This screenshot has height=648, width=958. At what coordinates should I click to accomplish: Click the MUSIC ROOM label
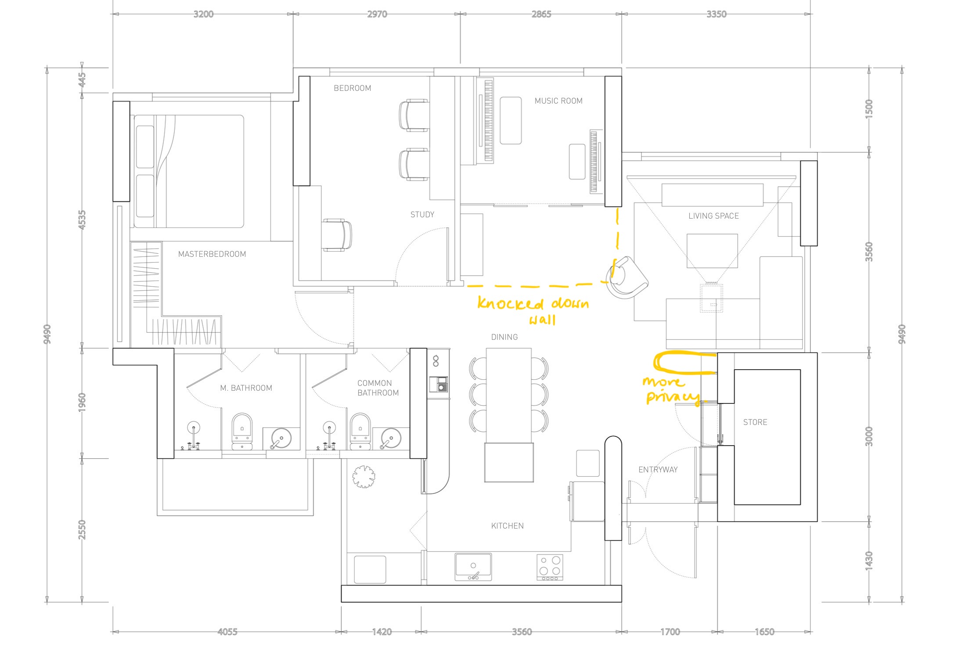[558, 101]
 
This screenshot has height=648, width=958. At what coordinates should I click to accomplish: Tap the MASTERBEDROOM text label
[212, 254]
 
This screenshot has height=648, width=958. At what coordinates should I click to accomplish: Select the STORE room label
[755, 422]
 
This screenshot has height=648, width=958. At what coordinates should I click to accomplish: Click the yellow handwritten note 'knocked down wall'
[533, 310]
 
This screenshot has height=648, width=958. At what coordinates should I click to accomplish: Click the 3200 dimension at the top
[203, 14]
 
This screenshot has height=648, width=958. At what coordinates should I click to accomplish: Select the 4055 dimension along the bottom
[227, 632]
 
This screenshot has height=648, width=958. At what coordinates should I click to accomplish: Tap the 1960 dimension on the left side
[82, 402]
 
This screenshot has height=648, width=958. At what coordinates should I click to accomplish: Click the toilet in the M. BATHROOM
[242, 430]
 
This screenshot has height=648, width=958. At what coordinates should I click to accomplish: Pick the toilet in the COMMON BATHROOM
[360, 430]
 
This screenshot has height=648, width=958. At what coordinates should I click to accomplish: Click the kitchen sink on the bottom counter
[473, 567]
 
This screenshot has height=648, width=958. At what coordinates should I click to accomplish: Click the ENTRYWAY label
[658, 470]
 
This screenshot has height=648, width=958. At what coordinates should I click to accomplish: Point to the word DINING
[504, 337]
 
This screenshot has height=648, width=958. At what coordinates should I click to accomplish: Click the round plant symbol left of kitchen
[364, 477]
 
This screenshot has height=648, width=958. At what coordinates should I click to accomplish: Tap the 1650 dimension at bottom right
[764, 632]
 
